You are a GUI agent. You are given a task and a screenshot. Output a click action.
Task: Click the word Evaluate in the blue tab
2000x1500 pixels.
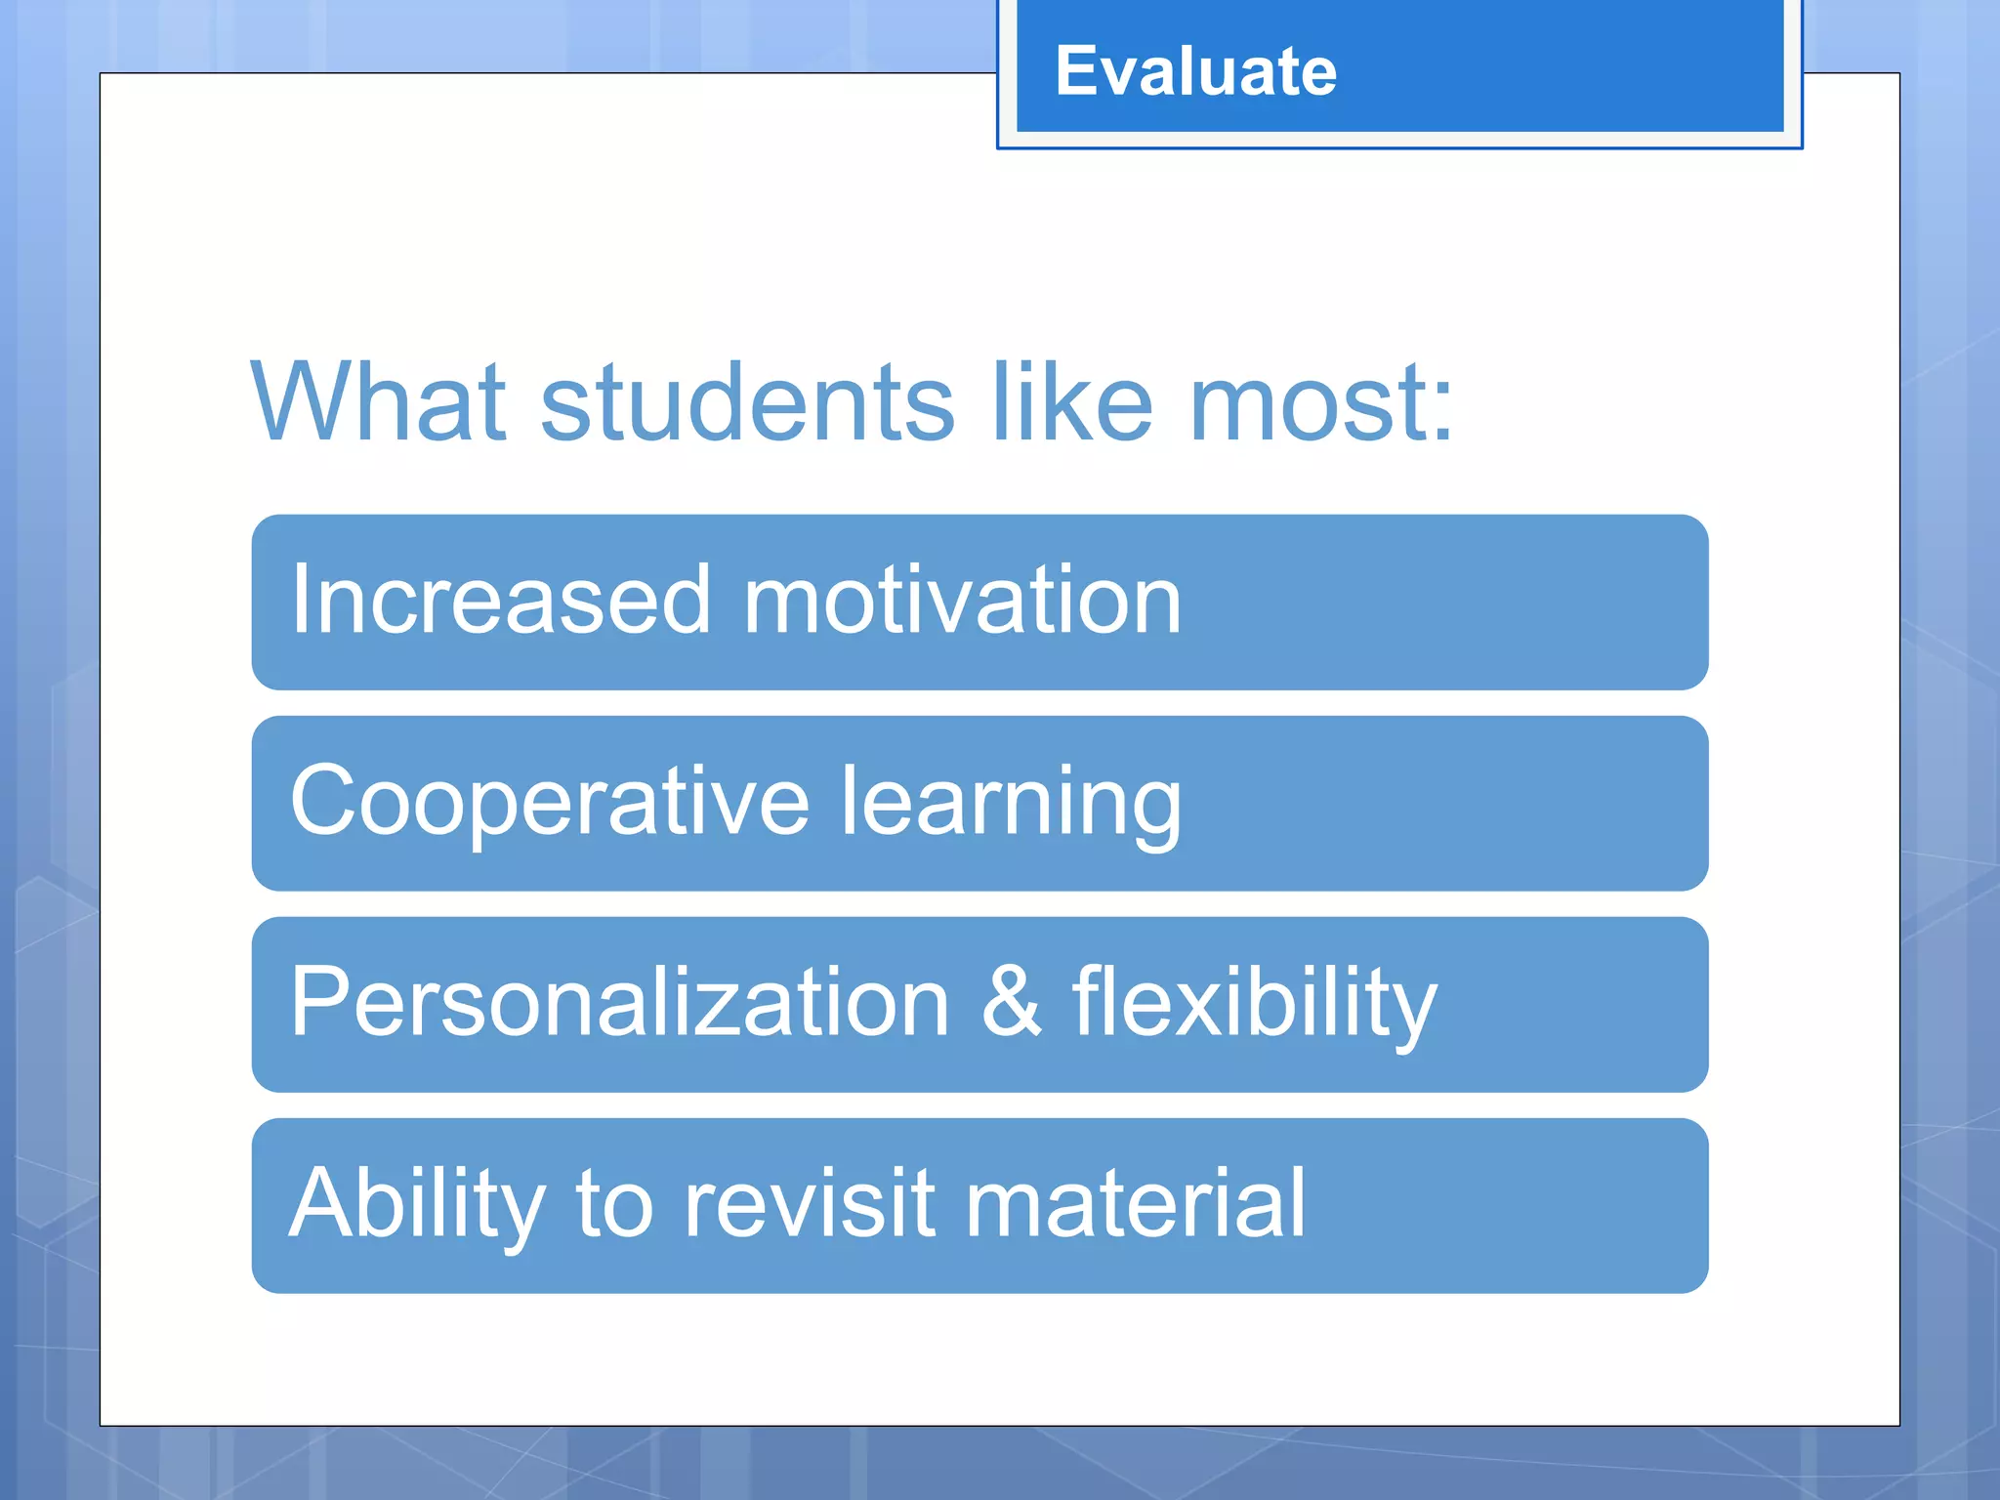point(1195,72)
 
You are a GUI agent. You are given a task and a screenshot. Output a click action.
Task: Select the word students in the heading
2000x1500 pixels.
point(747,402)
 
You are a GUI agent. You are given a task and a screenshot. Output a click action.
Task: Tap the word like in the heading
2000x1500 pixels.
point(1072,402)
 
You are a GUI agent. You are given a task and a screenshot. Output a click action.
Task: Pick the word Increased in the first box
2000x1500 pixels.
point(501,600)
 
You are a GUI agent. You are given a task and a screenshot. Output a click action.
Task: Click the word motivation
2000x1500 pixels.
point(963,600)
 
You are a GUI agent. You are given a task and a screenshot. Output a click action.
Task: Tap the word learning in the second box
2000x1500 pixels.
point(1012,807)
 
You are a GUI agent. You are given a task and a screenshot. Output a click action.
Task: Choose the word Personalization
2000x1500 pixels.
point(620,1002)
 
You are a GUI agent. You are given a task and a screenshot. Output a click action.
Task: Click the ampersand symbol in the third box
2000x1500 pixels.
point(1012,1002)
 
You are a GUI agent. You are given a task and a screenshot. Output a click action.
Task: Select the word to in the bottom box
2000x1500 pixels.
point(614,1207)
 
